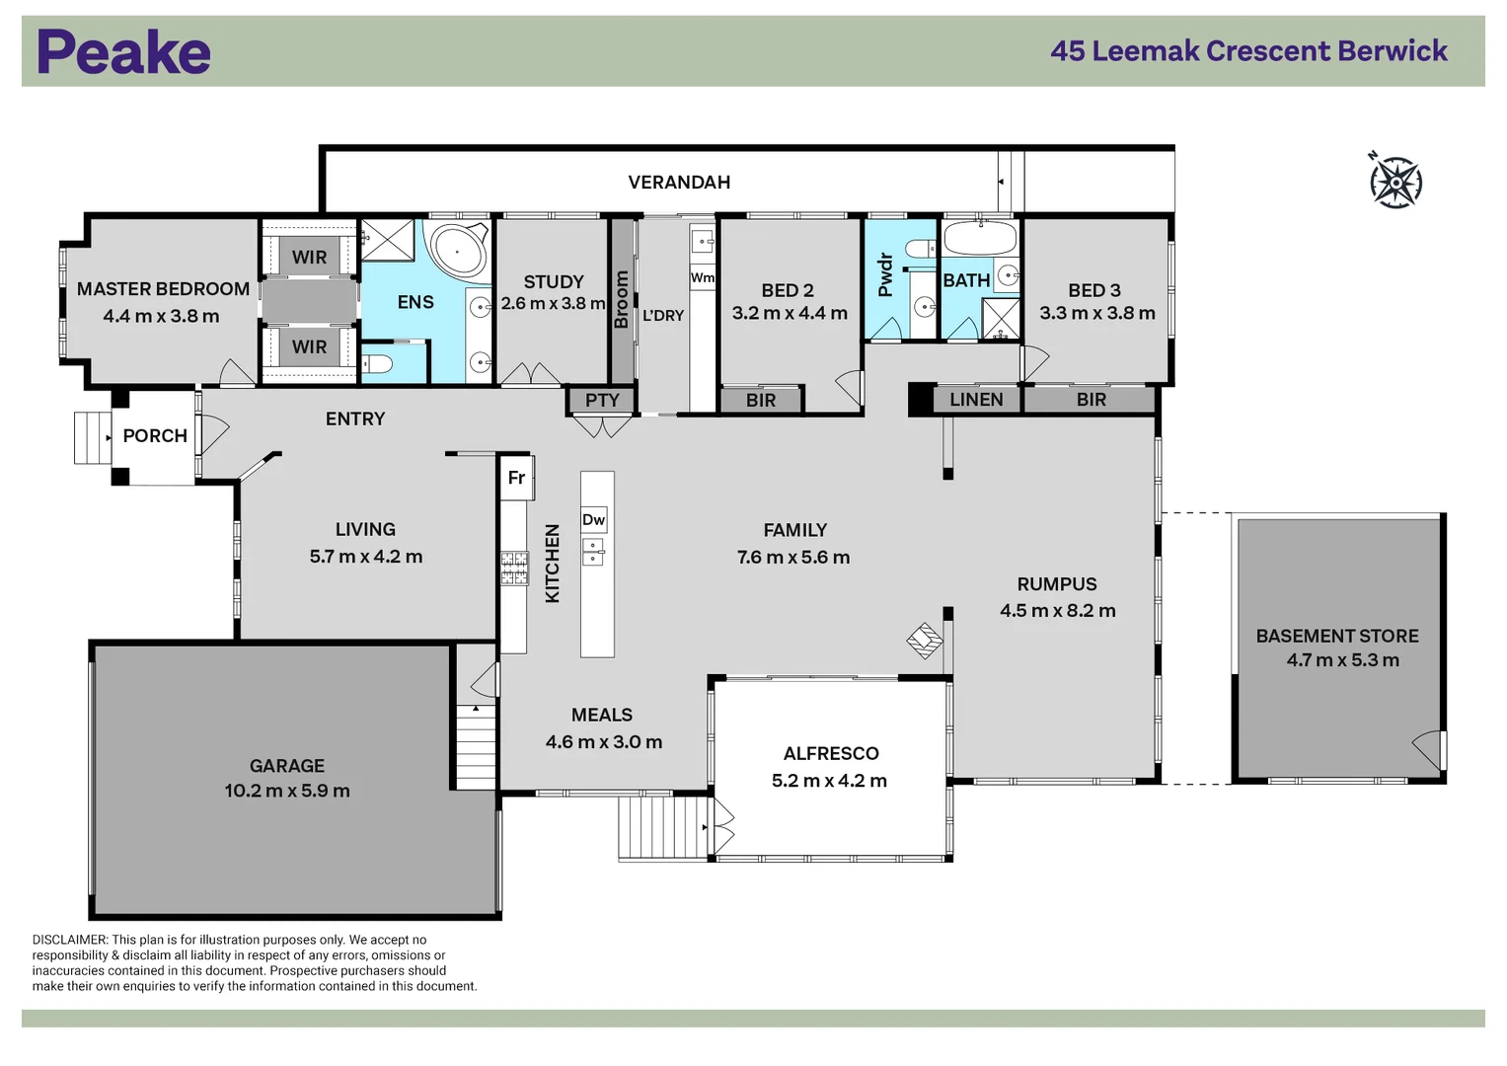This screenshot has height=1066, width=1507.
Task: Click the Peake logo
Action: coord(123,52)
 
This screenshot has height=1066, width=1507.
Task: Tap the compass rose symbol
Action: coord(1395,182)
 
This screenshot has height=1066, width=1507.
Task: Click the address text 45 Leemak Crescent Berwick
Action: coord(1248,51)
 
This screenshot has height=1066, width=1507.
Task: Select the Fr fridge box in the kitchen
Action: coord(517,478)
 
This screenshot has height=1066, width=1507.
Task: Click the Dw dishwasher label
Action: coord(593,520)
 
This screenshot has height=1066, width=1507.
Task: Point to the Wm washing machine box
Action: coord(702,277)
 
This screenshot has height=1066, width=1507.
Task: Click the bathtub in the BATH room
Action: coord(980,239)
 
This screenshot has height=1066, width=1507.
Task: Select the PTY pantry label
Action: coord(602,400)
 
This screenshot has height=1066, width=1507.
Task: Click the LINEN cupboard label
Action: coord(976,399)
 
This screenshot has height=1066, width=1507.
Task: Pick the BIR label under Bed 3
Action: coord(1091,400)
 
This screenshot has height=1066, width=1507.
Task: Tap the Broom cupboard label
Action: coord(622,300)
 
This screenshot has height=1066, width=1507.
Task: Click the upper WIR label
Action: coord(309,257)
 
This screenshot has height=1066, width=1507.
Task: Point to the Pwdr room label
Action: coord(885,275)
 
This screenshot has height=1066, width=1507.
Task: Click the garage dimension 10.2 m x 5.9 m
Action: coord(287,791)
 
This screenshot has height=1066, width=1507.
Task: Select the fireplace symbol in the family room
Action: coord(925,641)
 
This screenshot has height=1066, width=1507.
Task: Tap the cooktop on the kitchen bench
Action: coord(514,568)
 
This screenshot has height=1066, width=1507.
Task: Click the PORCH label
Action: coord(155,435)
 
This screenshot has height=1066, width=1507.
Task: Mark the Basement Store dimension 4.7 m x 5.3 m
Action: coord(1342,660)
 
